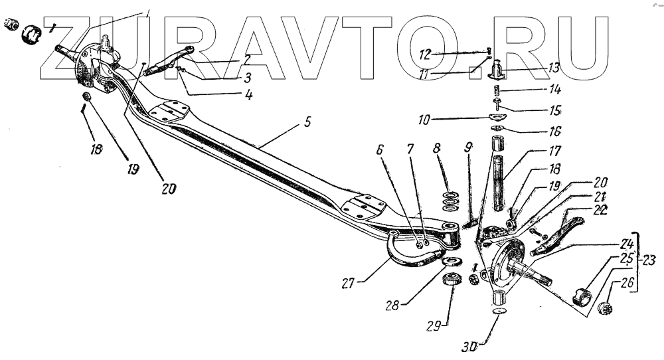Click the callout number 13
click(x=553, y=68)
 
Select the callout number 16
click(x=554, y=131)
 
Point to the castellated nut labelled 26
click(x=606, y=308)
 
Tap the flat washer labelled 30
click(x=499, y=310)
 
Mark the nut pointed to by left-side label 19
click(x=87, y=99)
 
